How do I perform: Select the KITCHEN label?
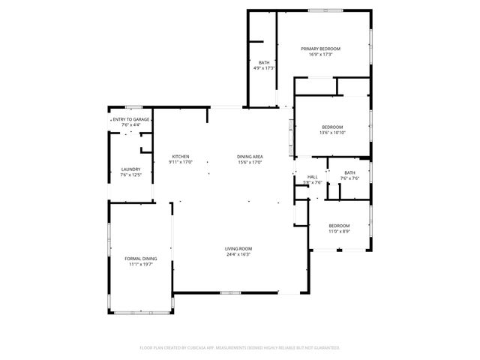coord(180,157)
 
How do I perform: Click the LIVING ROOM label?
coord(238,249)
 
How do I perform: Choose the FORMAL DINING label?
coord(141,259)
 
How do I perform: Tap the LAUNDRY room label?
coord(130,169)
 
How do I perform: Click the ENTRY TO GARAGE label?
coord(131,119)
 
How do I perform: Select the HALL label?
coord(312,177)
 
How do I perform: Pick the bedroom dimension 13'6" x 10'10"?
coord(332,133)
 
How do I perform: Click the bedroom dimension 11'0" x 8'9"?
coord(339,231)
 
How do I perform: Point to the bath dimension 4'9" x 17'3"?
coord(264,68)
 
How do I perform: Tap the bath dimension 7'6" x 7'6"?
coord(350,178)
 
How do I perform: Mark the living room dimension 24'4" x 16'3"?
coord(238,255)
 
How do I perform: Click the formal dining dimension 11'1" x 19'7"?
coord(141,264)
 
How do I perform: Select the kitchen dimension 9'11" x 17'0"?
coord(180,162)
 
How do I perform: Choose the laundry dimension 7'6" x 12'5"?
coord(130,175)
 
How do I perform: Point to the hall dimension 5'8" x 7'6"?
coord(312,182)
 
